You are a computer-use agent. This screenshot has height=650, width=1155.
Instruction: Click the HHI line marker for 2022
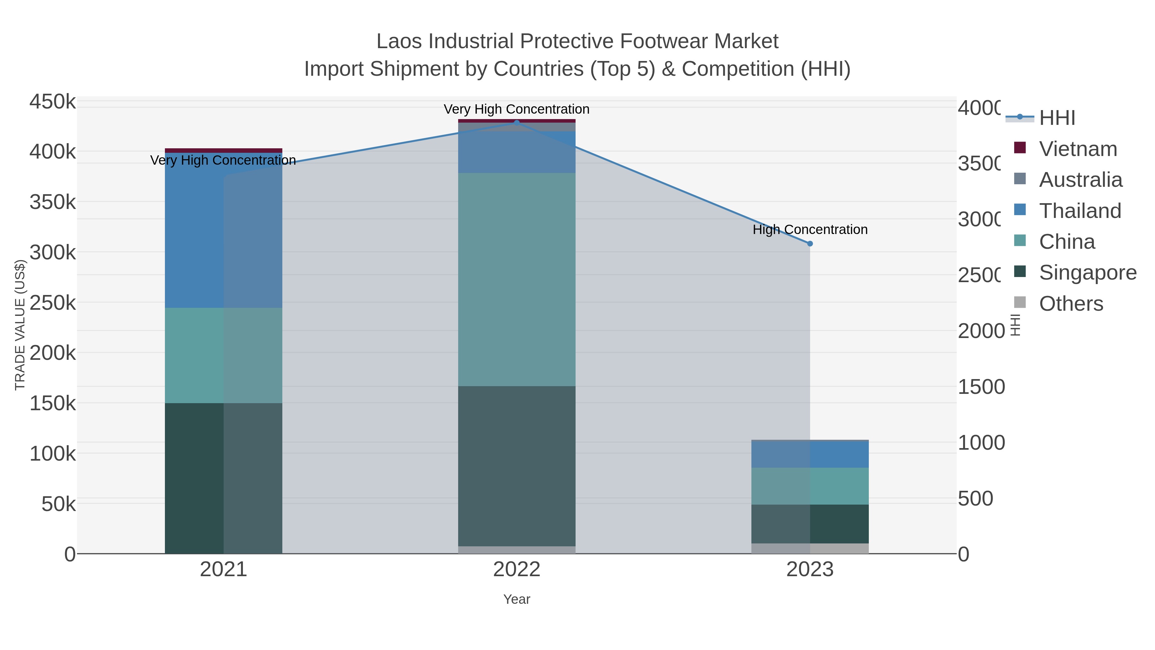coord(517,123)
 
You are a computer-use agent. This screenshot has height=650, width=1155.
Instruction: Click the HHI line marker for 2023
coord(810,244)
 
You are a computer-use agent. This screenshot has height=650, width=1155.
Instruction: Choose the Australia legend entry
coord(1080,180)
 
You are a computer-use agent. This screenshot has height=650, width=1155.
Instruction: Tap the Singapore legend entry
coord(1087,273)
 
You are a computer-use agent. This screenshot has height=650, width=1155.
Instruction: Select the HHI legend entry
coord(1057,118)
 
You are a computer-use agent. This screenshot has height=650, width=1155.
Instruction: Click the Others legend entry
coord(1071,304)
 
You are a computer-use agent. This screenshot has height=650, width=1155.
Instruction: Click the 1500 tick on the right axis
coord(981,387)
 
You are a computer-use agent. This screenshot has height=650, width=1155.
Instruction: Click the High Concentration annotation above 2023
coord(810,230)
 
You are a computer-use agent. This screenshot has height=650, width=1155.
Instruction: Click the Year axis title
coord(517,599)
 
